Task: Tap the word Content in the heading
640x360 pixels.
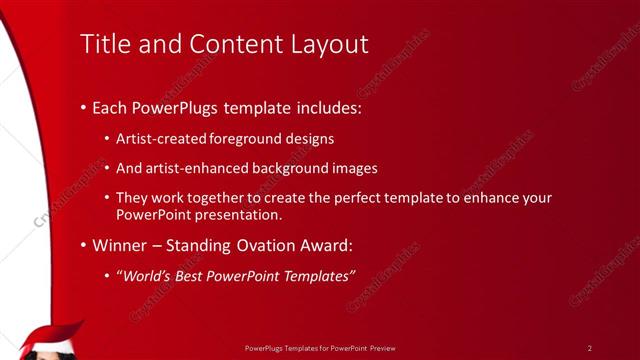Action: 222,44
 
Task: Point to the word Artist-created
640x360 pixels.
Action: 158,139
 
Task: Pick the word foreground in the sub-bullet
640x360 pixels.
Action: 245,139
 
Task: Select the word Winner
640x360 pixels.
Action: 118,244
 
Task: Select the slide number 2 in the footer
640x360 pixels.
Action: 590,347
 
